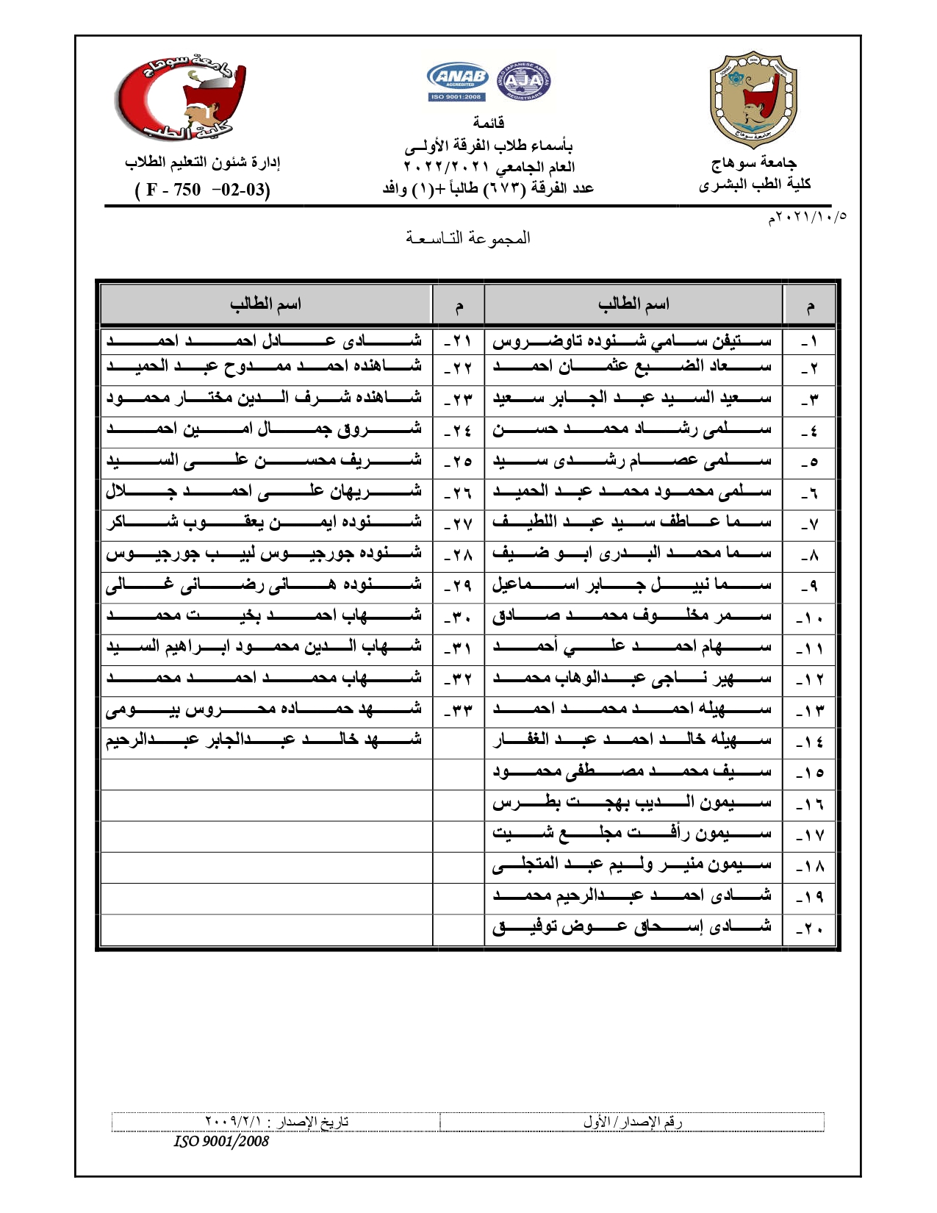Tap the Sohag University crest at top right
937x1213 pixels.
pos(753,100)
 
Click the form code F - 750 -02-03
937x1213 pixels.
pos(203,190)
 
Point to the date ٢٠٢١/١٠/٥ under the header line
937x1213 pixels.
pos(807,218)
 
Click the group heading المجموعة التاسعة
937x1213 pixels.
pos(468,238)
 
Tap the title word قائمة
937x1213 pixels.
pos(488,123)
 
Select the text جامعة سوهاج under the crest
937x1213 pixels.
pos(754,162)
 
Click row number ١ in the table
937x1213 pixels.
pos(809,341)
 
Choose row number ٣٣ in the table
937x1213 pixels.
pos(458,710)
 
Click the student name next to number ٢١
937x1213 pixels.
pos(265,341)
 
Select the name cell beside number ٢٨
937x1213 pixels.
pos(265,553)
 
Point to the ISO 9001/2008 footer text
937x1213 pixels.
pos(221,1142)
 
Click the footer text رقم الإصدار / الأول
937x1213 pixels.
pos(633,1123)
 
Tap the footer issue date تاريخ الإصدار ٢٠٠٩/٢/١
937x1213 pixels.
pos(276,1123)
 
